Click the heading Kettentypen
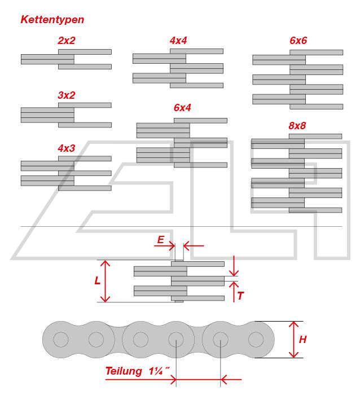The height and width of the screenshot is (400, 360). pos(52,20)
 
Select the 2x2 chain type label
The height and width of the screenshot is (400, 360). pos(66,41)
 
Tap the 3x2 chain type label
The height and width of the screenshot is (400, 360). pos(66,95)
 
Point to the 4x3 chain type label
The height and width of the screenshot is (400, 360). pos(66,148)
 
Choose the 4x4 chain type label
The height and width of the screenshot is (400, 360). pos(178,41)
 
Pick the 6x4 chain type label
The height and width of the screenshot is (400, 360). pos(182,108)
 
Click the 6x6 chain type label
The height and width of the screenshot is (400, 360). pos(298,41)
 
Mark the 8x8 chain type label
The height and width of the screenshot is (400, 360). pos(297,126)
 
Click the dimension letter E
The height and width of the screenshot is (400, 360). pos(161,240)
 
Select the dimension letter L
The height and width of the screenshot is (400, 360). pos(98,280)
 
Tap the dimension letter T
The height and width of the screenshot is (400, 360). pos(240,295)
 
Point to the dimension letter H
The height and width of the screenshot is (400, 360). pos(302,340)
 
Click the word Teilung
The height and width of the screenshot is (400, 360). pos(124,371)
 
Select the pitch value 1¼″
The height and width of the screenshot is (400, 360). pos(159,371)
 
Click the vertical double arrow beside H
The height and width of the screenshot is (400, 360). pos(293,340)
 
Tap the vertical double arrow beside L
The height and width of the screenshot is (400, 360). pos(108,281)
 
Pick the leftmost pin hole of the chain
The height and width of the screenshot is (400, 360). pos(60,340)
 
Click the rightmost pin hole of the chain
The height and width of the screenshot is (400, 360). pos(256,340)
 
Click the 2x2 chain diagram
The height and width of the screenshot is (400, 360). pos(66,59)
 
